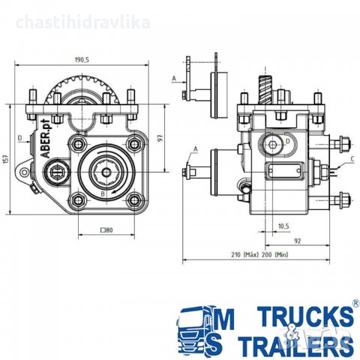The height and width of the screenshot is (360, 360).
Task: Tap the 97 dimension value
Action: (158, 139)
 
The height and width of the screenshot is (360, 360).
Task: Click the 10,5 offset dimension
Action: (283, 226)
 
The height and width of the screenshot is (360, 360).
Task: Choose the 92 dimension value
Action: (297, 241)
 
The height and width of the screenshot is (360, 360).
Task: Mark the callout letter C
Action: (351, 159)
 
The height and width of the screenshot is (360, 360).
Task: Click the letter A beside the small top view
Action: (173, 77)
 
